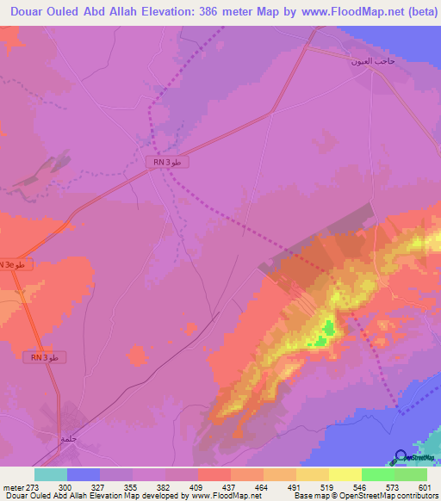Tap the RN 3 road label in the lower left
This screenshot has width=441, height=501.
[x=44, y=357]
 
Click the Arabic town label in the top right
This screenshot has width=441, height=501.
[x=372, y=62]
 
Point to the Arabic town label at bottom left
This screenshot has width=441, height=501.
[x=69, y=438]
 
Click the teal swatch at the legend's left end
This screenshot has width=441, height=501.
[x=50, y=474]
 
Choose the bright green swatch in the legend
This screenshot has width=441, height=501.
[x=377, y=474]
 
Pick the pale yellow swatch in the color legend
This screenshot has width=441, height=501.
[x=345, y=474]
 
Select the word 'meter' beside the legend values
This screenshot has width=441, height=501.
[x=13, y=486]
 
